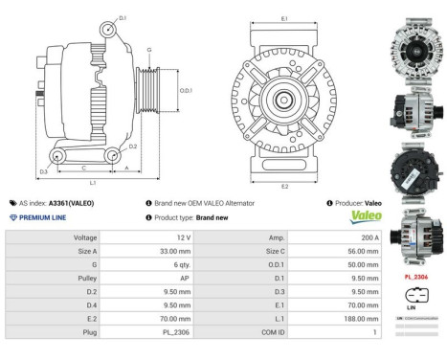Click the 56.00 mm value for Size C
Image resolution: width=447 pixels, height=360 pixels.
363,251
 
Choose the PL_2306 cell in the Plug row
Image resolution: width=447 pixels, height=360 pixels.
172,331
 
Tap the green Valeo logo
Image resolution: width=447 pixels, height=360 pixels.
366,216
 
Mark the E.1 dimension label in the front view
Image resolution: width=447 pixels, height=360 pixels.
284,18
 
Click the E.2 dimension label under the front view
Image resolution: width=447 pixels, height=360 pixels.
284,186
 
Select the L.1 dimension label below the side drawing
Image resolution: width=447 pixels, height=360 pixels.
92,182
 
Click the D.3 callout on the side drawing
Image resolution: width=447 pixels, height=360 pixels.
44,172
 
